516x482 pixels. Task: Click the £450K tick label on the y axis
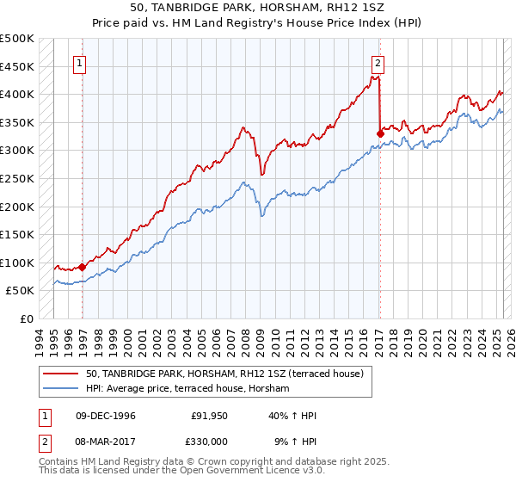click(x=18, y=66)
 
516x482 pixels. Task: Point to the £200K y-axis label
click(x=18, y=207)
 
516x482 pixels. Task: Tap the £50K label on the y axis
click(x=21, y=291)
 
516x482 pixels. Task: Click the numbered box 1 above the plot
click(x=79, y=62)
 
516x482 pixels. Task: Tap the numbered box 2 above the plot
click(x=378, y=62)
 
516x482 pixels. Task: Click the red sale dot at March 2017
click(x=380, y=133)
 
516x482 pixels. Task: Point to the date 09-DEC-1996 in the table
click(x=107, y=417)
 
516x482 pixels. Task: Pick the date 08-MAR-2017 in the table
click(x=107, y=441)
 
